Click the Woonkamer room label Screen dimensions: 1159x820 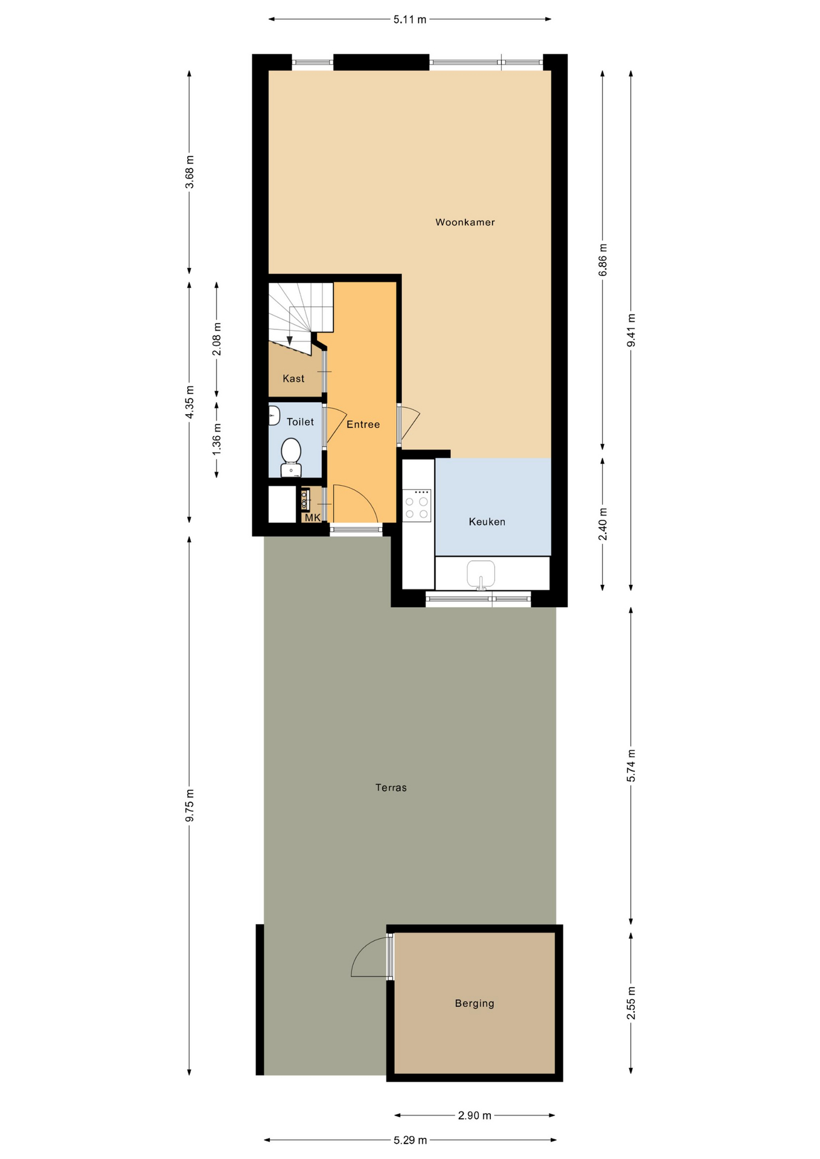(464, 222)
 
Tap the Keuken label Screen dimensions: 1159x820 (487, 522)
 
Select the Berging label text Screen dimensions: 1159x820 (474, 1003)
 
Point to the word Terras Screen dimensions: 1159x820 (391, 787)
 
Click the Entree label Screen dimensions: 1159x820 (363, 424)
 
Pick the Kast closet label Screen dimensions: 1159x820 (293, 378)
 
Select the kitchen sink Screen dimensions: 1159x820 (481, 573)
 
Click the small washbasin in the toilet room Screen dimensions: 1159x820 (274, 415)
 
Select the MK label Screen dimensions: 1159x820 (312, 518)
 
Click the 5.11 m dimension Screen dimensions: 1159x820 (409, 19)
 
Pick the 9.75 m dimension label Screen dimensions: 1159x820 (190, 805)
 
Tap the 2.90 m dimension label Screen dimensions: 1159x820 (474, 1116)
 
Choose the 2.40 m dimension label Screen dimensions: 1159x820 (603, 524)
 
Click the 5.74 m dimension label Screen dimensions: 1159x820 (631, 765)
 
